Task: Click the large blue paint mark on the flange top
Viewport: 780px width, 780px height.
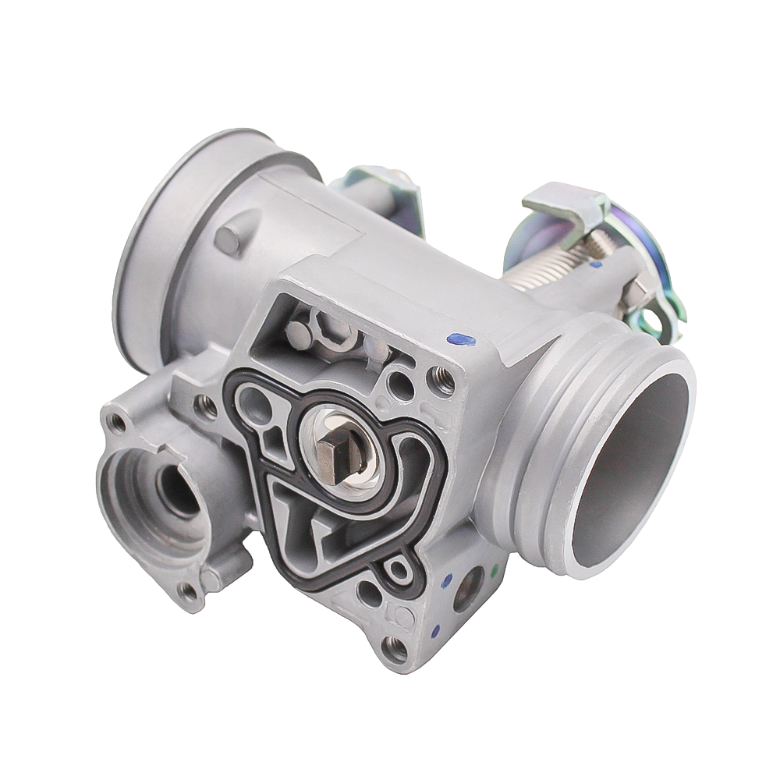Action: tap(461, 339)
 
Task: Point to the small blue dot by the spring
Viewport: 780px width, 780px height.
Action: tap(597, 264)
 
